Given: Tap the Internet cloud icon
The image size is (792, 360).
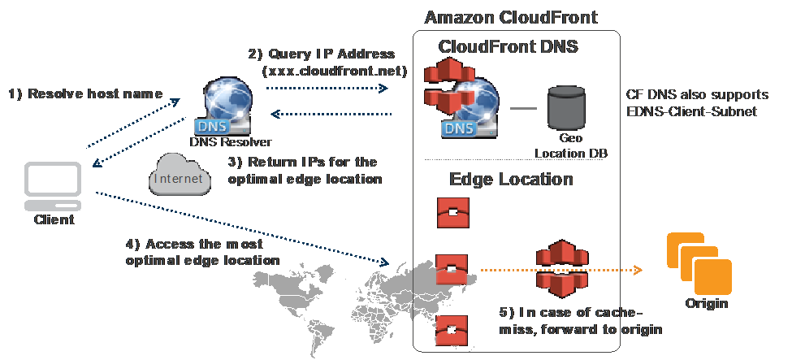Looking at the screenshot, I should pyautogui.click(x=180, y=176).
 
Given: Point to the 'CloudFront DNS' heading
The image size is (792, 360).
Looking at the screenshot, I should pyautogui.click(x=508, y=46).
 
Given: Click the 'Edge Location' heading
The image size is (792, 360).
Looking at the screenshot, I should pyautogui.click(x=511, y=179).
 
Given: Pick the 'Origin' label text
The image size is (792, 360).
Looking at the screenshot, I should pyautogui.click(x=706, y=304).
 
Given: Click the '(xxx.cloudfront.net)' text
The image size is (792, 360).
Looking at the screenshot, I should pyautogui.click(x=334, y=71).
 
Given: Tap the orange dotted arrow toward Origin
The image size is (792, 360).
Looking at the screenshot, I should pyautogui.click(x=560, y=270).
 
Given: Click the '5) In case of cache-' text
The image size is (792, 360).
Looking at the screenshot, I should pyautogui.click(x=571, y=314).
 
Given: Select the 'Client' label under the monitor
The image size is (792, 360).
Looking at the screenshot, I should pyautogui.click(x=54, y=219).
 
